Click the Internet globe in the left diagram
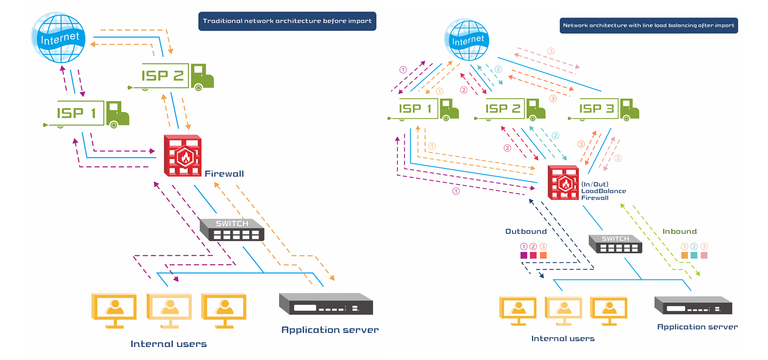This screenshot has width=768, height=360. [x=59, y=38]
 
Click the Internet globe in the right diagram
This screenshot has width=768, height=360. [x=467, y=40]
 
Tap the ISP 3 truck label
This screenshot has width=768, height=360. [x=596, y=109]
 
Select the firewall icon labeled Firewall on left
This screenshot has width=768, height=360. [x=182, y=156]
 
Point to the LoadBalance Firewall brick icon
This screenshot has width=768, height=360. [x=563, y=182]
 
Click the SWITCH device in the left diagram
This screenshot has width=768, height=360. [x=232, y=230]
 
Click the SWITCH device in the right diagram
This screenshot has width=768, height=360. [x=615, y=244]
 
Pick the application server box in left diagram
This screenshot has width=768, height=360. [x=326, y=304]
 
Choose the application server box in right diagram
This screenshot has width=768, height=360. [x=693, y=305]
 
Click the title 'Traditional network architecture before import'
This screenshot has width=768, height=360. [x=287, y=21]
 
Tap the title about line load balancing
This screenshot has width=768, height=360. [x=648, y=25]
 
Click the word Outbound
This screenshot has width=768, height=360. [x=526, y=231]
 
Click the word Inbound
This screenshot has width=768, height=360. [x=679, y=231]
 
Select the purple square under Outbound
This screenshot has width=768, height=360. [x=524, y=255]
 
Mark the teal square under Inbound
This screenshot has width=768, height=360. [x=694, y=255]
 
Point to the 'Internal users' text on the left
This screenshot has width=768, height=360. [x=168, y=344]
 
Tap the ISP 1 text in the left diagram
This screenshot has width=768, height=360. [x=77, y=113]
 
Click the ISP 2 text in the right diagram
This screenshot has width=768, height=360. [x=503, y=109]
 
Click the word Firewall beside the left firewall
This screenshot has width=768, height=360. [x=224, y=174]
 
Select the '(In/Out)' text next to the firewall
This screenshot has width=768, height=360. [x=595, y=184]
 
